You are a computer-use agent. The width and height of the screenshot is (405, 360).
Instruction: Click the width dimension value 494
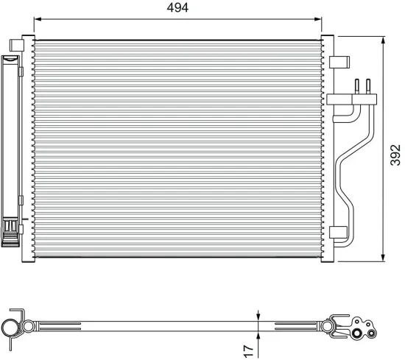pyautogui.click(x=177, y=9)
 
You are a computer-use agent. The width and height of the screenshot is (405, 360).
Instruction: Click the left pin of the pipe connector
pyautogui.click(x=358, y=86)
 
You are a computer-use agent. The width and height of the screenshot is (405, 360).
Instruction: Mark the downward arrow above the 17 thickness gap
pyautogui.click(x=258, y=315)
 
